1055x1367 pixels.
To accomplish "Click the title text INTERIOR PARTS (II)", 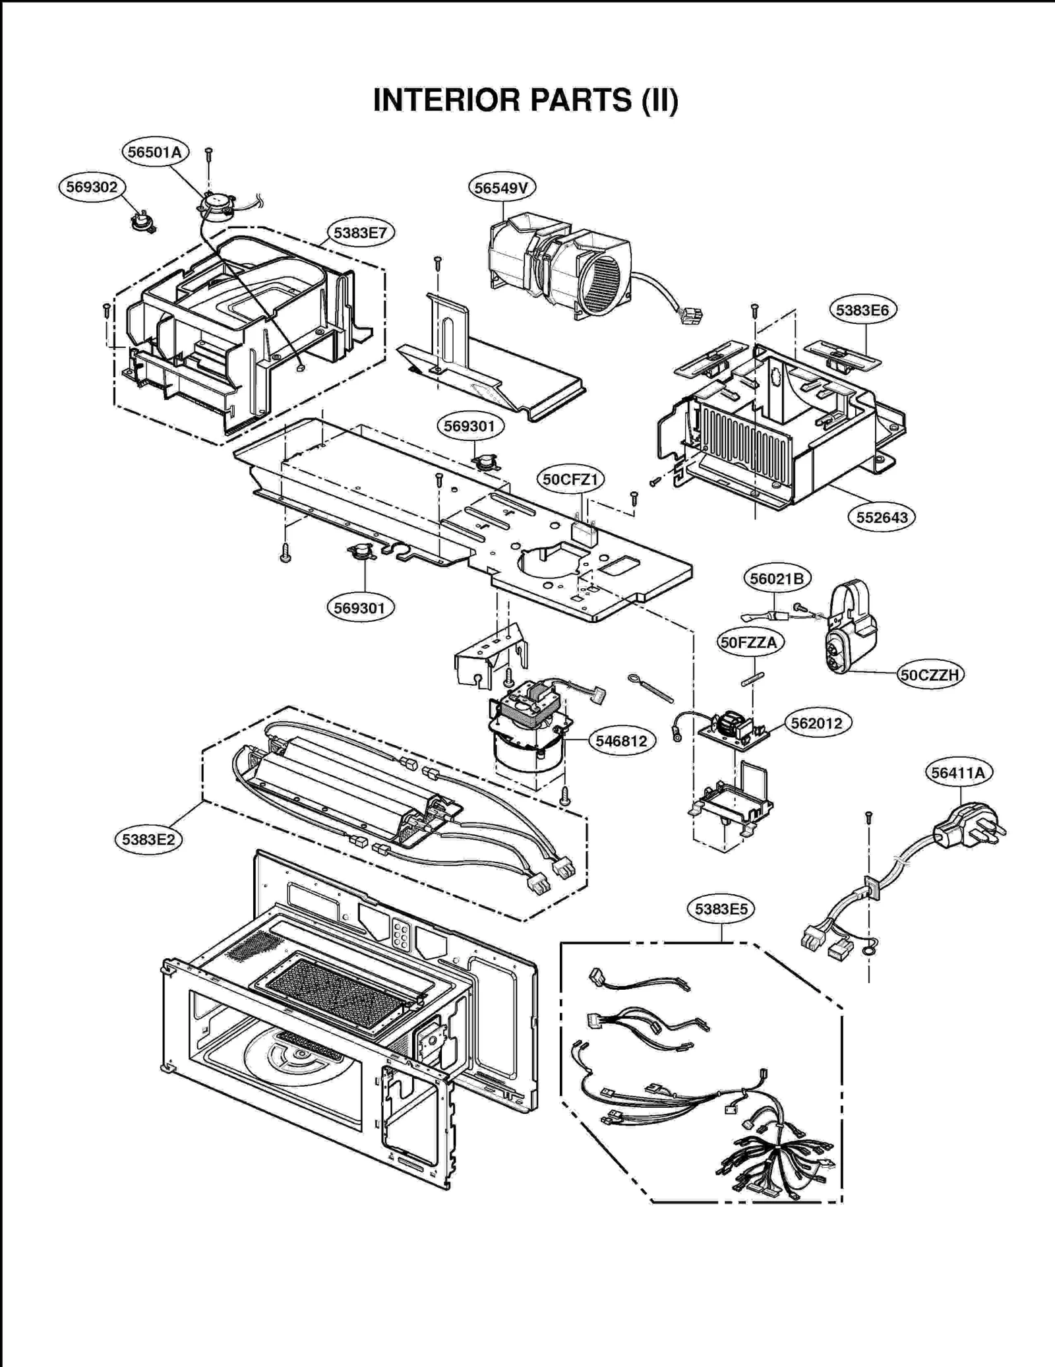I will [x=526, y=100].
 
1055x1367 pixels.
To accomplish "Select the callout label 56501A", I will [x=155, y=152].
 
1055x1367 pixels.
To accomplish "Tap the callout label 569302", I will [x=92, y=187].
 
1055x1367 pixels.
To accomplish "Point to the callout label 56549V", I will [x=502, y=188].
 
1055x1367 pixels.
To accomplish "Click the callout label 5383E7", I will [x=360, y=233].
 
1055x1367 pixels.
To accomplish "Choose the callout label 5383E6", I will [x=862, y=310].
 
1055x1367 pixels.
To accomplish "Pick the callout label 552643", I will [x=882, y=518].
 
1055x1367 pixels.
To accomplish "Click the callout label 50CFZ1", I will [x=570, y=479].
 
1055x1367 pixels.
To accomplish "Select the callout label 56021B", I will [x=777, y=578].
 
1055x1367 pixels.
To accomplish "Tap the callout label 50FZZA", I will [x=748, y=642].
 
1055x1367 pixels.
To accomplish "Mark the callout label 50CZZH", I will [x=930, y=675].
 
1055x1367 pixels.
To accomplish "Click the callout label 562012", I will [x=816, y=723].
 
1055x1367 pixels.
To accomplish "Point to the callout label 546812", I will [x=621, y=741].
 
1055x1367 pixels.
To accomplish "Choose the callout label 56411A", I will [x=957, y=772].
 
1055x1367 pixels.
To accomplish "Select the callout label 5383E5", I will [x=721, y=909].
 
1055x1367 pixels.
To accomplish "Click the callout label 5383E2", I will [x=148, y=839].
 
